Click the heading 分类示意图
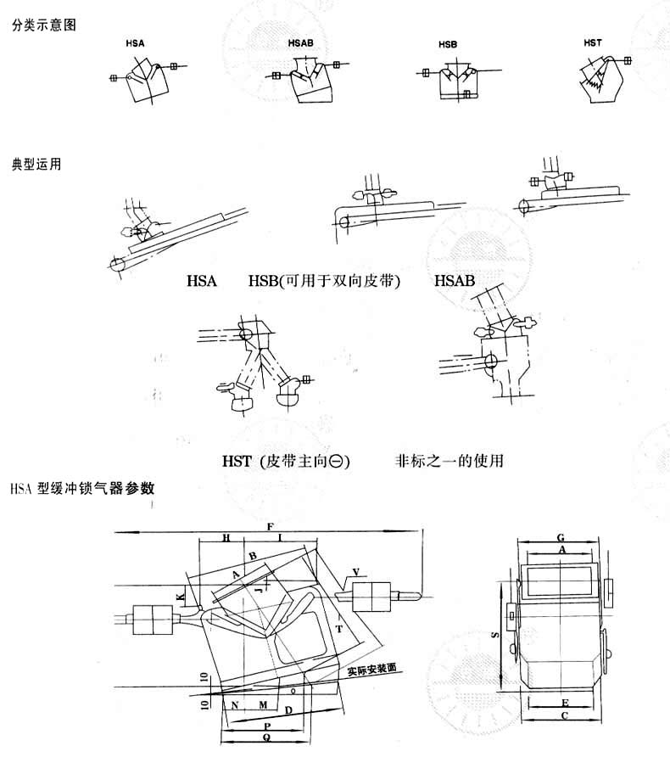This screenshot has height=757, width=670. (x=43, y=25)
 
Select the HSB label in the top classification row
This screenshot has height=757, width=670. (x=448, y=43)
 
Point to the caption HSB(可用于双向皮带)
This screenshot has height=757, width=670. (x=324, y=281)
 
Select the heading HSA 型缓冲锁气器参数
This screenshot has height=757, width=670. (x=82, y=489)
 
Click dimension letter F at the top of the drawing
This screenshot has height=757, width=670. (x=269, y=528)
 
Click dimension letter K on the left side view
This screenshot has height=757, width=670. (x=180, y=597)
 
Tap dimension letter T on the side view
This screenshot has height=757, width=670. (x=339, y=629)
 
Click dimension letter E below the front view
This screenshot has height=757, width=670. (x=564, y=704)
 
